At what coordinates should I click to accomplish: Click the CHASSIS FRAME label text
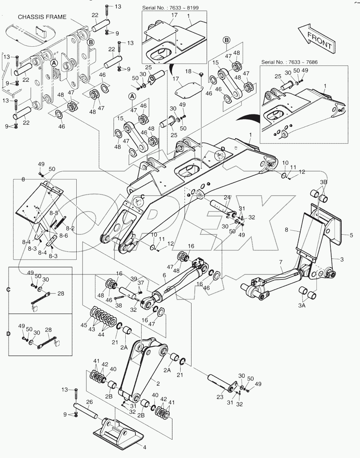(x=42, y=17)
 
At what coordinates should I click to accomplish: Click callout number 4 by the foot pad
(x=144, y=447)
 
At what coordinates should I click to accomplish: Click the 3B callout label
(x=324, y=182)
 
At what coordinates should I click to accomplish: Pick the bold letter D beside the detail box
(x=8, y=333)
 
